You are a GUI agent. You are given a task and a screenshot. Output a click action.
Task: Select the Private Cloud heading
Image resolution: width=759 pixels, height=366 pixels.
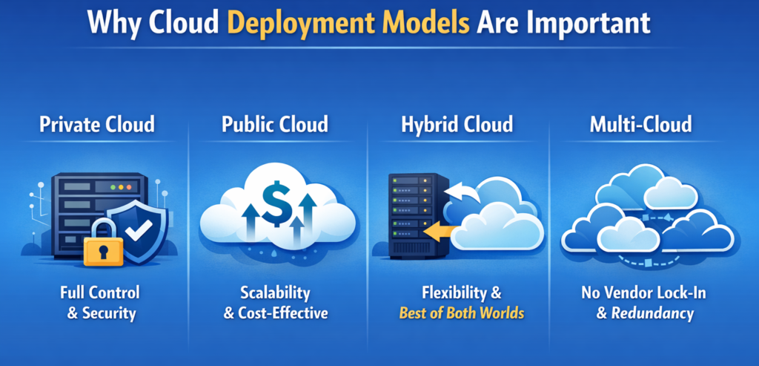pyautogui.click(x=98, y=124)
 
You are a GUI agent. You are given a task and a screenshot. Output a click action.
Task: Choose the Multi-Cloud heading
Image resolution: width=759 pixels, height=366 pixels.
pyautogui.click(x=640, y=124)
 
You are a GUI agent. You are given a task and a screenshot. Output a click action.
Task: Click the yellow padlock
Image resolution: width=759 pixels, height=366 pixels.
pyautogui.click(x=105, y=246)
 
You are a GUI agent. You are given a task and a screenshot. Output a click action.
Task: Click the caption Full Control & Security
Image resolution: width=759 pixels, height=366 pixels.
pyautogui.click(x=99, y=302)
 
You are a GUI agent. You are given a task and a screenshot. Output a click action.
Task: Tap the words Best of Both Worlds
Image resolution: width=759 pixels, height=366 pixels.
pyautogui.click(x=461, y=313)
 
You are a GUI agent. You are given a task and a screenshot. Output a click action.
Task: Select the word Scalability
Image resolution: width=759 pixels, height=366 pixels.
pyautogui.click(x=276, y=292)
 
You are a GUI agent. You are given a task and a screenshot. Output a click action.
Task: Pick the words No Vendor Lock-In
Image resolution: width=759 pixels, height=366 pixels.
pyautogui.click(x=643, y=292)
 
